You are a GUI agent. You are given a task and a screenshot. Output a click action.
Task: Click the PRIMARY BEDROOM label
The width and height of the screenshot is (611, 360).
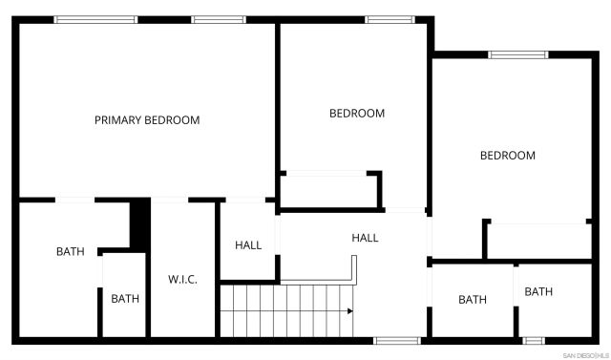[147, 120]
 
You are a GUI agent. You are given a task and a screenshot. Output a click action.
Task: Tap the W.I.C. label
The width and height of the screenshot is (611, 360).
[182, 280]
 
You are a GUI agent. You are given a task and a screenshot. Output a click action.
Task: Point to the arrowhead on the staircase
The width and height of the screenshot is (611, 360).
[350, 310]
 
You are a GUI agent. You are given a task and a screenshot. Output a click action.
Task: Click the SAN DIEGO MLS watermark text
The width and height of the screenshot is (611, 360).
[585, 355]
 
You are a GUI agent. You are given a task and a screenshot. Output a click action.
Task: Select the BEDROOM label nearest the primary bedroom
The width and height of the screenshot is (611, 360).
[357, 114]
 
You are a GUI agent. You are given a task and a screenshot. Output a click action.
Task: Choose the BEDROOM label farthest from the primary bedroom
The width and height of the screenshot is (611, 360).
[507, 156]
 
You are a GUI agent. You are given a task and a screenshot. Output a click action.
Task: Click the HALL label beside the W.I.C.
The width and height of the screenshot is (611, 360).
[248, 245]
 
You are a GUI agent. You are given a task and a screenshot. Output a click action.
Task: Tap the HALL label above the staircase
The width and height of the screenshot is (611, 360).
[365, 238]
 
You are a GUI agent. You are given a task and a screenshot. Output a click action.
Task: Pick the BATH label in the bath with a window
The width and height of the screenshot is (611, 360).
[538, 292]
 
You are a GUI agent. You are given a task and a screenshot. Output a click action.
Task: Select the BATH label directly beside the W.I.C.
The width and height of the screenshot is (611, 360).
[125, 299]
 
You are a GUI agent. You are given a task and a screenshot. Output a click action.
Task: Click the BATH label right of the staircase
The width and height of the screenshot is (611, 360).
[472, 300]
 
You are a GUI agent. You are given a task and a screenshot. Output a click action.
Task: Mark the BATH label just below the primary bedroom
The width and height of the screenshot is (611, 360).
[70, 252]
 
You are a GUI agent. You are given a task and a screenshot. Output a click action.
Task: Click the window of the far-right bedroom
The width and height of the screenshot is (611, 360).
[518, 54]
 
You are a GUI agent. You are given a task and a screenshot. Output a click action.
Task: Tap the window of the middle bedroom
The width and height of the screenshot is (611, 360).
[389, 19]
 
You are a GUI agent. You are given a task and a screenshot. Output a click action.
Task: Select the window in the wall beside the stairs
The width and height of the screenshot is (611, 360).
[396, 340]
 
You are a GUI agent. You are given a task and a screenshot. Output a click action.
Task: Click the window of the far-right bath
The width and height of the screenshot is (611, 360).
[534, 340]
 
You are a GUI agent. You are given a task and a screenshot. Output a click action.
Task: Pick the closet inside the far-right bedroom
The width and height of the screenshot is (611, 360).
[538, 240]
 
